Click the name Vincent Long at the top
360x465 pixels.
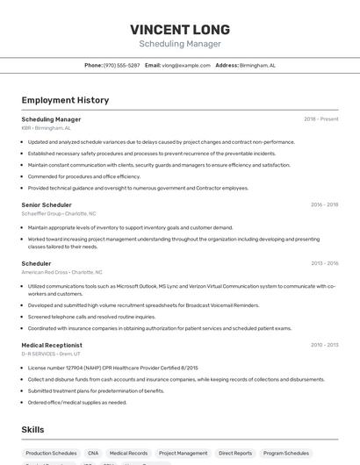tap(180, 29)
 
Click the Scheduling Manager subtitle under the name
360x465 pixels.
tap(180, 44)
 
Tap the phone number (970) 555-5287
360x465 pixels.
tap(121, 66)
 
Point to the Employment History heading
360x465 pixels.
tap(65, 100)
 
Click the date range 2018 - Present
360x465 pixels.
tap(320, 119)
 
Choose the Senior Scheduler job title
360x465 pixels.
tap(47, 204)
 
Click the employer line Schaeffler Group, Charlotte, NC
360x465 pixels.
tap(59, 213)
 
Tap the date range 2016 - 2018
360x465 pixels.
tap(324, 204)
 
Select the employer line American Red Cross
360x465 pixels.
tap(61, 272)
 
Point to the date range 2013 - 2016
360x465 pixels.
tap(324, 263)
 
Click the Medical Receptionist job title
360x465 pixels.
tap(53, 345)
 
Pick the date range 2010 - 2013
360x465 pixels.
tap(324, 345)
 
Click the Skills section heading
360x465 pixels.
tap(33, 429)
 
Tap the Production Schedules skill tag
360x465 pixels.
tap(51, 454)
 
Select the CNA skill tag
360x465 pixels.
tap(93, 454)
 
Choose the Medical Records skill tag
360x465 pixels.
tap(128, 454)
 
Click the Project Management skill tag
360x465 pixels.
tap(182, 454)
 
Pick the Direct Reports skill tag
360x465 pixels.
tap(235, 454)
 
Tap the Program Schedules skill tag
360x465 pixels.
tap(285, 454)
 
